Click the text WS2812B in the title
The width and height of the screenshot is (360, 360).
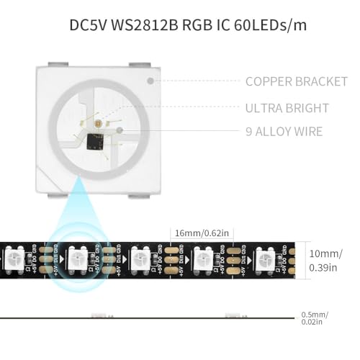pos(144,25)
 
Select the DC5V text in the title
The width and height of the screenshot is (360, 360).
pos(89,25)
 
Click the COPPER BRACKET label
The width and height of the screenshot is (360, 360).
pos(296,81)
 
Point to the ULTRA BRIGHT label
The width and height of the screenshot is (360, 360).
pos(287,108)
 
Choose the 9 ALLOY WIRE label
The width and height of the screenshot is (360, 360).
pos(284,131)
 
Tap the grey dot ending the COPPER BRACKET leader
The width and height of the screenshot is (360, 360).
pos(150,81)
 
